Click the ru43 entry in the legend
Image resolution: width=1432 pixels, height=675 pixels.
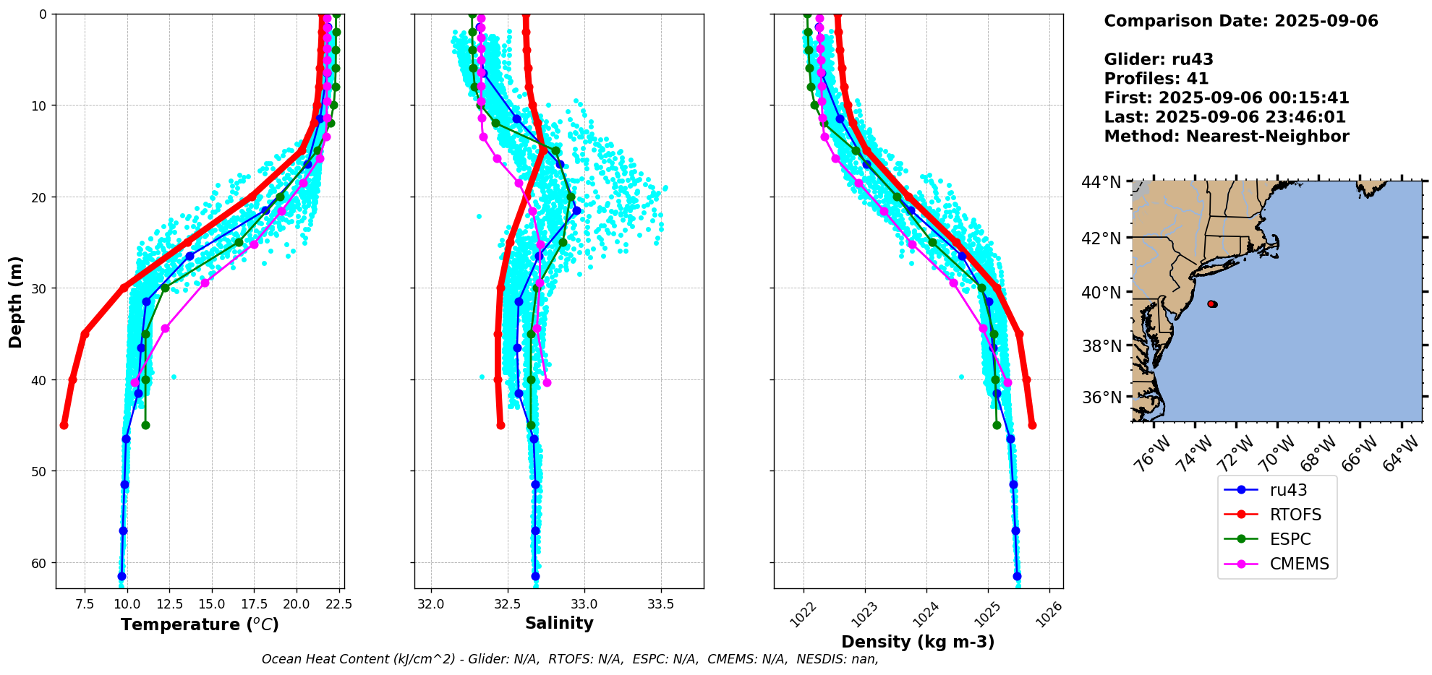click(x=1288, y=490)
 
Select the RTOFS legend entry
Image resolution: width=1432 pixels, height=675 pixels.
click(x=1295, y=515)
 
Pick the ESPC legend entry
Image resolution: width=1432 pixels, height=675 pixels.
click(x=1290, y=539)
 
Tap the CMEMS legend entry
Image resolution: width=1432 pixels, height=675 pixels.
click(x=1299, y=564)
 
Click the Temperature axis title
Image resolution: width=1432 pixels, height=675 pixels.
click(x=200, y=624)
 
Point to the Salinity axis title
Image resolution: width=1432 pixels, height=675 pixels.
click(x=559, y=623)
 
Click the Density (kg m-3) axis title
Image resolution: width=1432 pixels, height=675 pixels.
click(x=918, y=642)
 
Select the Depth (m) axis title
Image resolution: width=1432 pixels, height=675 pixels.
click(x=16, y=301)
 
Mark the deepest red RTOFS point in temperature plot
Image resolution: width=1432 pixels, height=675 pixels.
click(x=64, y=425)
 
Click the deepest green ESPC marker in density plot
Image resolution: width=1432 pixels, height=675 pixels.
click(x=997, y=425)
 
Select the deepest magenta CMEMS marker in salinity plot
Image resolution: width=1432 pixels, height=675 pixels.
click(x=547, y=382)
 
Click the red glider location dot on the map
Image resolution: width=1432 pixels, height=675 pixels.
click(x=1212, y=304)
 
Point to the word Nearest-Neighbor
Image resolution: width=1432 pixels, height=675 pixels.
click(x=1267, y=137)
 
